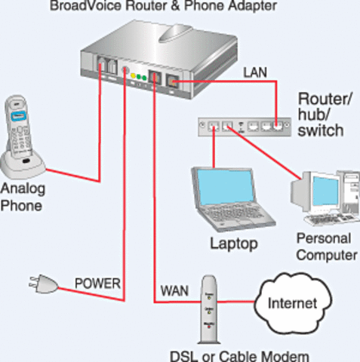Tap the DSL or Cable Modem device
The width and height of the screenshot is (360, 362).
point(209,309)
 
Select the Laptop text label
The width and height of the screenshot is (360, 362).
point(233,243)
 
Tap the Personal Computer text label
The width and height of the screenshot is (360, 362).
point(325,247)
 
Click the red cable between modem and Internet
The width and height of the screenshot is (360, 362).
point(240,303)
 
